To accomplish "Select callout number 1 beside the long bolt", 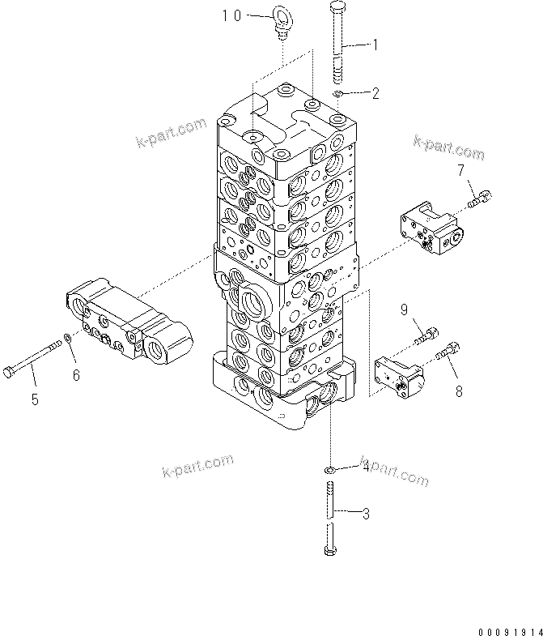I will click(375, 45).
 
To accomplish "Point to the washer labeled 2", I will click(340, 96).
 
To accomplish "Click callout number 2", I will click(375, 93).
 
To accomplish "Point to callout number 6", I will click(77, 375).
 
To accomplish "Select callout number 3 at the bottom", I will click(366, 512).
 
